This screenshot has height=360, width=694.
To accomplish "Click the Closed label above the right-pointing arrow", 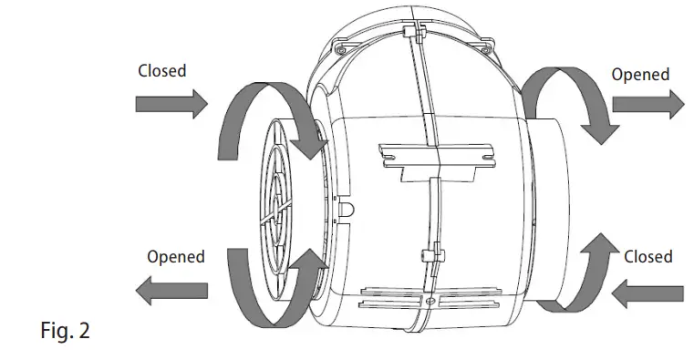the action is click(161, 70).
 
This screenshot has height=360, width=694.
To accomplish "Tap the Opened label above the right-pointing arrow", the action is click(640, 75).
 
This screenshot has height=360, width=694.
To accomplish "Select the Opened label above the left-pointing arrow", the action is click(176, 257).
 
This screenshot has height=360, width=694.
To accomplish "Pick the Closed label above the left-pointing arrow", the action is click(647, 256).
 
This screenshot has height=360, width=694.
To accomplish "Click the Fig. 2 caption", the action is click(65, 330).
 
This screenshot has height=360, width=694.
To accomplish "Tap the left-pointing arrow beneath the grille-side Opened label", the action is click(170, 292).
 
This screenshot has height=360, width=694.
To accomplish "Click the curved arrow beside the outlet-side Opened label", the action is click(565, 100).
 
